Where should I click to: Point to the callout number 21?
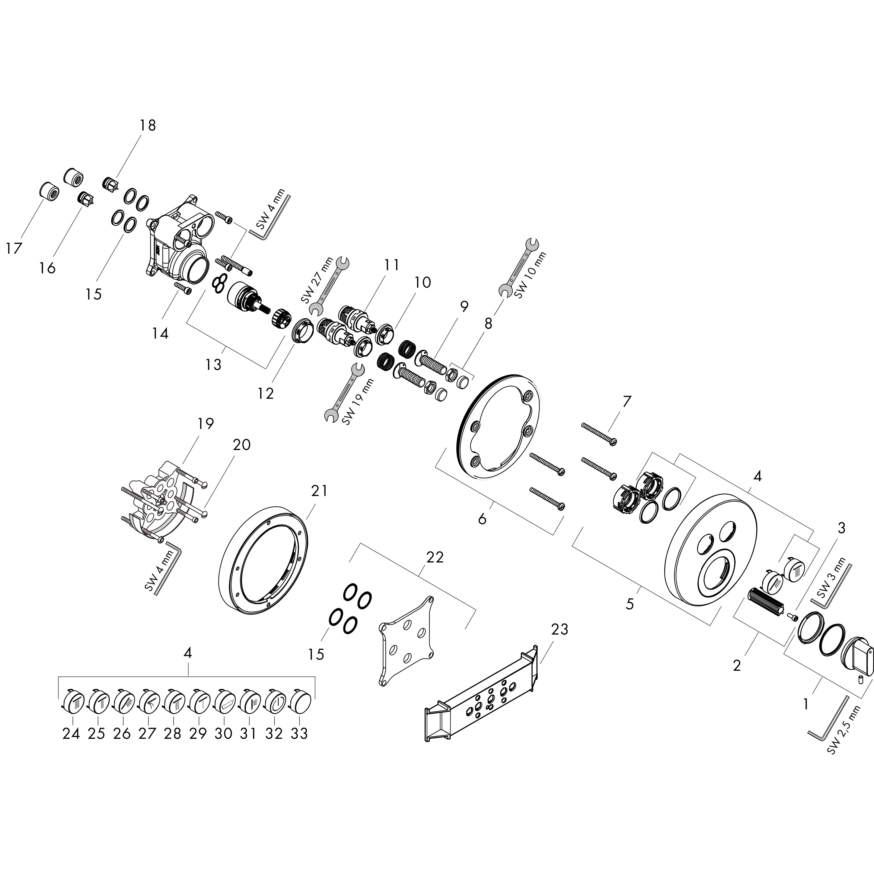(319, 490)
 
